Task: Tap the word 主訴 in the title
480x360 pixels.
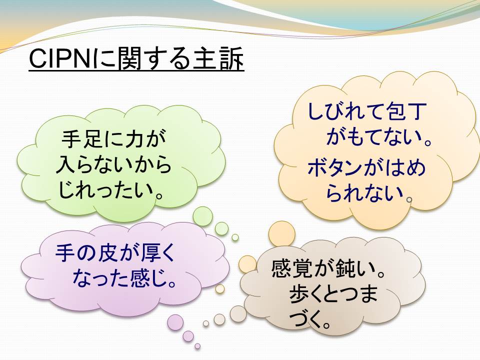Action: [218, 58]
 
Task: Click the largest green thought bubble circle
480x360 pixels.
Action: [202, 216]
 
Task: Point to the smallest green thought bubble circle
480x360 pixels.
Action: [235, 237]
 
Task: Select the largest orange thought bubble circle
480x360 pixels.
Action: [282, 234]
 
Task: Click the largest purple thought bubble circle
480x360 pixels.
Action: [175, 322]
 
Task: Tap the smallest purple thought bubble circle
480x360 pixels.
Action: [197, 346]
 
